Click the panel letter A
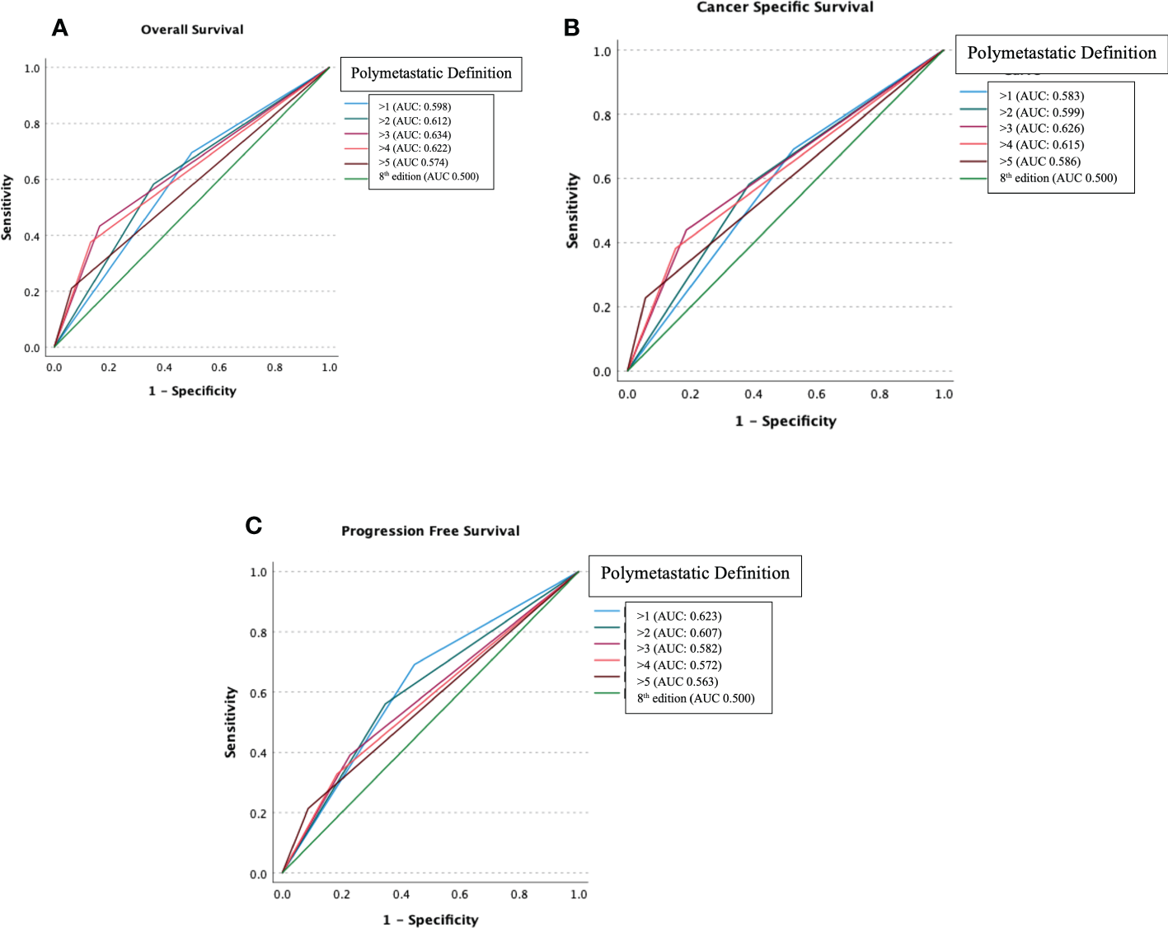coord(59,28)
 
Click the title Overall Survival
coord(192,30)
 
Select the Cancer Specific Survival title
coord(785,7)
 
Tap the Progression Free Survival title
coord(430,532)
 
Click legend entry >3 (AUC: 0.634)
coord(415,134)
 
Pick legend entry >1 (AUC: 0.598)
coord(415,106)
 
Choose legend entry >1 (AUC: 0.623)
coord(678,616)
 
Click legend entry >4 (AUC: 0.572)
coord(678,665)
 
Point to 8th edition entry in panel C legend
coord(695,698)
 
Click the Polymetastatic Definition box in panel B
coord(1061,54)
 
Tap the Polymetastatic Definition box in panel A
coord(431,73)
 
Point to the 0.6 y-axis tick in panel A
coord(31,180)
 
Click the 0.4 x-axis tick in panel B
coord(753,394)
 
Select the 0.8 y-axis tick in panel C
coord(259,633)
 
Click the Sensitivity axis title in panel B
coord(572,211)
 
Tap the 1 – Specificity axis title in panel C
coord(430,920)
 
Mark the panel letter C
coord(254,526)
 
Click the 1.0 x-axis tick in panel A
coord(330,368)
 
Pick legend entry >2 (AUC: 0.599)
coord(1041,112)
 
